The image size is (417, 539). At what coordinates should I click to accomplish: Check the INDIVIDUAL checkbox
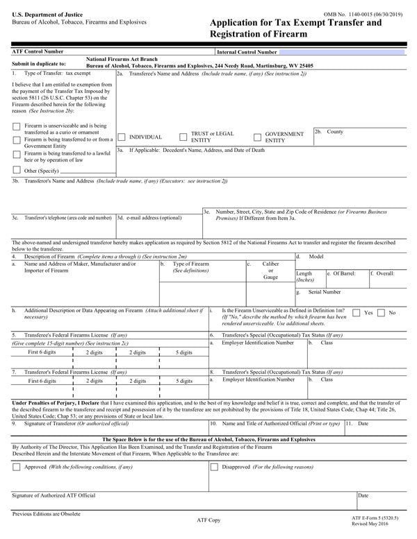click(x=122, y=137)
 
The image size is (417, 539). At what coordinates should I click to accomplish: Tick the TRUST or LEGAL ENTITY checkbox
click(x=183, y=137)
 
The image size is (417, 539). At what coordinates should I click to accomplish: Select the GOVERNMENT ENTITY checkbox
click(x=257, y=137)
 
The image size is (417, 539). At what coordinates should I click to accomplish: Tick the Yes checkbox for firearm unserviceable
click(x=357, y=313)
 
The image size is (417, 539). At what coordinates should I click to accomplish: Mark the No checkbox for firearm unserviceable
click(x=381, y=313)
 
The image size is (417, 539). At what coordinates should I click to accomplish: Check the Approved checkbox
click(x=17, y=468)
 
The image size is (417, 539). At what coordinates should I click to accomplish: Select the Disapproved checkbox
click(x=214, y=468)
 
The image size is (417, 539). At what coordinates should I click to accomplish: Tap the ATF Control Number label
click(x=38, y=51)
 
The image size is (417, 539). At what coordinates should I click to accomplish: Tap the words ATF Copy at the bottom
click(x=210, y=518)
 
